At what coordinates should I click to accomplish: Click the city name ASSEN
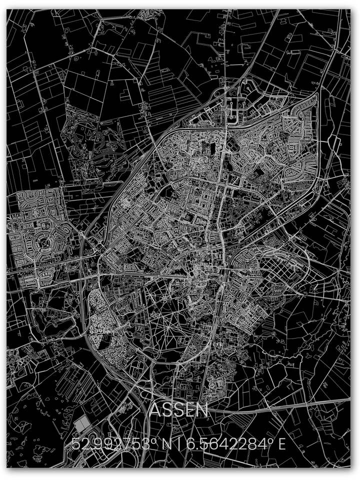point(179,410)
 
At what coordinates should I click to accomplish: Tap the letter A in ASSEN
point(156,410)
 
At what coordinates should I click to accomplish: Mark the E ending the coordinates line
point(282,443)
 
